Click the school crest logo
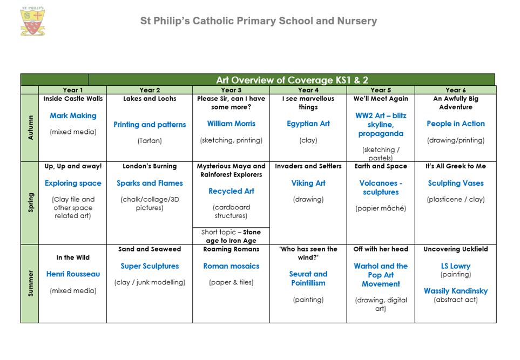coord(32,21)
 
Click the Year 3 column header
coord(231,90)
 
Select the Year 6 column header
coord(455,90)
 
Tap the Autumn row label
coord(30,127)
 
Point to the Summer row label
coord(30,283)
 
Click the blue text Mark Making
coord(73,116)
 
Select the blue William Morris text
coord(231,124)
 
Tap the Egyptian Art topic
coord(308,124)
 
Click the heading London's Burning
coord(150,166)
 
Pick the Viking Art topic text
coord(308,183)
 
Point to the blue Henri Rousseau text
coord(73,274)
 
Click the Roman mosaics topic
coord(231,266)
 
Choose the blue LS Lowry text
coord(455,266)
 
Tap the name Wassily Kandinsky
coord(455,291)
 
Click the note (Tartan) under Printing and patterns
coord(150,141)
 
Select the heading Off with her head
coord(381,249)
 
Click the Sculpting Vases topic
coord(455,183)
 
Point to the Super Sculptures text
coord(150,266)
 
